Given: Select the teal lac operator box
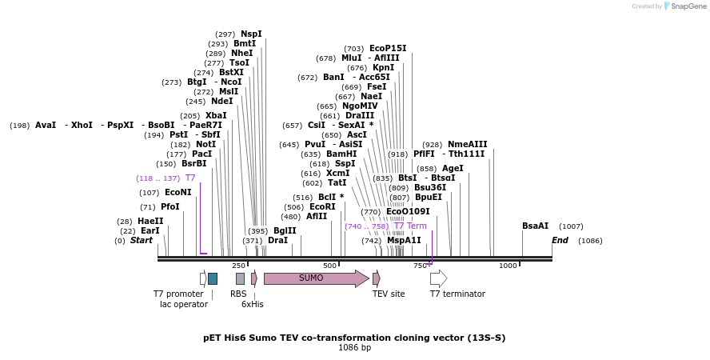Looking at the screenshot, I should [x=213, y=278].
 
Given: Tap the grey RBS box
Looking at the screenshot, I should [x=240, y=278].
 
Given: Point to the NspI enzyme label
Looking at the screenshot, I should [x=251, y=34].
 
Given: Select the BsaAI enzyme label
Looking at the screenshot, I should [x=536, y=226].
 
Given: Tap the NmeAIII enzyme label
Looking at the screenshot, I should [x=467, y=144].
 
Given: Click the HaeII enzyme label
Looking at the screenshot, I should [x=150, y=221].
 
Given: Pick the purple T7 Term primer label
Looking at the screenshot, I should [x=410, y=226].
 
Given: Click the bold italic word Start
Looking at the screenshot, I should [x=141, y=240].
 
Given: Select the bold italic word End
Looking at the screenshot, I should [x=560, y=240].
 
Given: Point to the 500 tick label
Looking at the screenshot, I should [x=330, y=266].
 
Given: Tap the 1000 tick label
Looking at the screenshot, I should [x=508, y=266].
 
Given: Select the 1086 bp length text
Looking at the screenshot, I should [x=354, y=348].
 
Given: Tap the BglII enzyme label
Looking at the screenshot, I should [x=285, y=230].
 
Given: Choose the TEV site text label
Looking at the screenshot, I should [x=388, y=294].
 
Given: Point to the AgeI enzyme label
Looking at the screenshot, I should [x=453, y=168].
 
